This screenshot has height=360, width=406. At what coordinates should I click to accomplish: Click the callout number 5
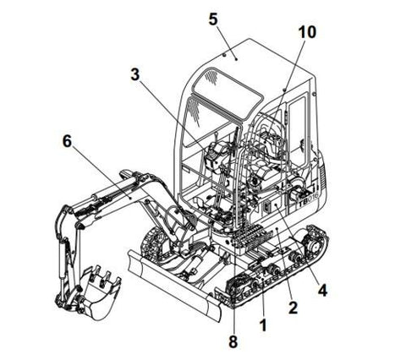coord(213,19)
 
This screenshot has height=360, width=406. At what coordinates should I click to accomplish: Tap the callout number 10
coord(307,32)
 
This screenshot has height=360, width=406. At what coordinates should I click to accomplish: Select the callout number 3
coord(135,74)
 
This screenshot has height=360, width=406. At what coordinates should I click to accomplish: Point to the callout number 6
coord(67,141)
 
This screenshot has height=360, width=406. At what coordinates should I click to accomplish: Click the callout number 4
coord(322,290)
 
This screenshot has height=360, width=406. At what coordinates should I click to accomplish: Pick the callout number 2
coord(293,308)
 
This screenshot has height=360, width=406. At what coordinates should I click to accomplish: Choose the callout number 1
coord(263,325)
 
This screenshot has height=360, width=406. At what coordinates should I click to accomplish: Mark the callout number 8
coord(233,342)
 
